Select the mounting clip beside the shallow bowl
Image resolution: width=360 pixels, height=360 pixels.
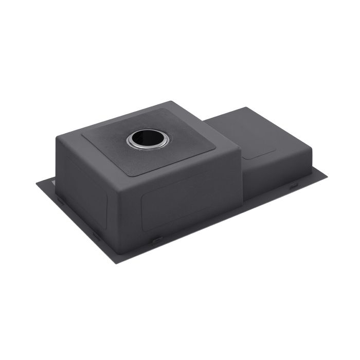293,186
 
